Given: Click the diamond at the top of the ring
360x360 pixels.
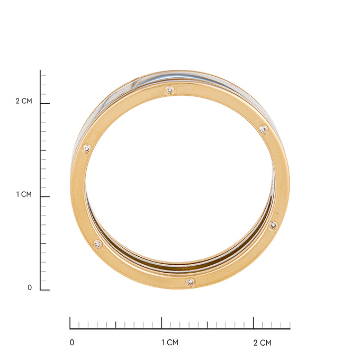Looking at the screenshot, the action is tap(169, 90).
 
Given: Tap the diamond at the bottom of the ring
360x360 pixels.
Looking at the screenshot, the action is tap(191, 282).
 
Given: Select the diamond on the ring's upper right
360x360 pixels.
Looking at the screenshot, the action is tap(264, 129).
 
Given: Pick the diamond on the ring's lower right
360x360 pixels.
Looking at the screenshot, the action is tap(273, 226).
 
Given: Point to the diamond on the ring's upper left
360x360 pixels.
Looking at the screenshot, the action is tap(87, 149).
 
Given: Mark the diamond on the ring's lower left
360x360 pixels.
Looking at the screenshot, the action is tap(98, 244).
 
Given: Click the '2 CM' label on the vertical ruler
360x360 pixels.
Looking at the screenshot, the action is tap(24, 101).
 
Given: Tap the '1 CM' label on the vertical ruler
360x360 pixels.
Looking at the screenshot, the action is tap(24, 194).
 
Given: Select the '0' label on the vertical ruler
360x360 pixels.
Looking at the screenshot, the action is tap(30, 287).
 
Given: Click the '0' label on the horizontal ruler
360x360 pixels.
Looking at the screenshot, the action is tap(72, 343).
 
